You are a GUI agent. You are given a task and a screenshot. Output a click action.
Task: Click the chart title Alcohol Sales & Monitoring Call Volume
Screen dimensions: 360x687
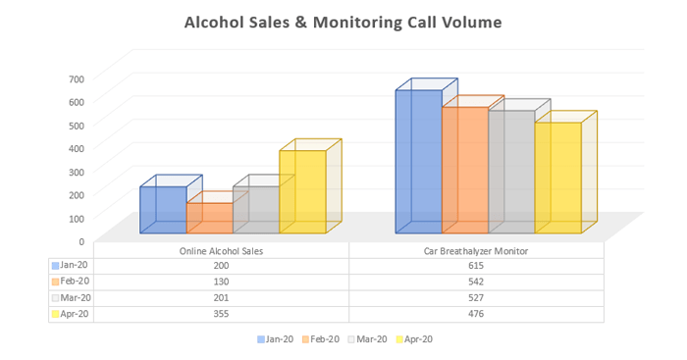(x=343, y=21)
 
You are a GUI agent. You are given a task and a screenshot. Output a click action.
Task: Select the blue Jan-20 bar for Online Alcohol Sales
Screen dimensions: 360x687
(x=163, y=210)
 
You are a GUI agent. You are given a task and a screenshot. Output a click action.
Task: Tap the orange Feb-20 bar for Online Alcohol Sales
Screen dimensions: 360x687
(x=209, y=218)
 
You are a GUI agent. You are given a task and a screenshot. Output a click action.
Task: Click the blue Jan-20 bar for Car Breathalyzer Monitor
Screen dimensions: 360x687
(x=418, y=162)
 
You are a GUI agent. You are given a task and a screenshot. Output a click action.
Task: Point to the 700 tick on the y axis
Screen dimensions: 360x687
(x=77, y=78)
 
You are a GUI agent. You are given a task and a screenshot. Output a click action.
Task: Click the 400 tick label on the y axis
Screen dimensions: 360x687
(x=77, y=148)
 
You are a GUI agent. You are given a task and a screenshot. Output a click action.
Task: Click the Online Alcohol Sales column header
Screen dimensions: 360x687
(x=221, y=251)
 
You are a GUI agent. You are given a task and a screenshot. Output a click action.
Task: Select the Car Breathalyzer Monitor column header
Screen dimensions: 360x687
(x=475, y=251)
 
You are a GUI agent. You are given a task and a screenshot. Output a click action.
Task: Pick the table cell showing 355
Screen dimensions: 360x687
(x=221, y=314)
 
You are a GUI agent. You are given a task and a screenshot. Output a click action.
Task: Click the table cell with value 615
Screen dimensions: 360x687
(x=475, y=266)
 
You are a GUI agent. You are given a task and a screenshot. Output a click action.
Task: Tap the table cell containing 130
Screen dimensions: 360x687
(x=221, y=282)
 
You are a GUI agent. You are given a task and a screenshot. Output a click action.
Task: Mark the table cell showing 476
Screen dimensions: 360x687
(x=475, y=314)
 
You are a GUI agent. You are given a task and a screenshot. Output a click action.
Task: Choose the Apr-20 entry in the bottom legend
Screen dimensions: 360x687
(x=413, y=339)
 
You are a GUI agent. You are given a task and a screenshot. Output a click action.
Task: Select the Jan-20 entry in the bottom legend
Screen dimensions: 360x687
(x=278, y=339)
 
